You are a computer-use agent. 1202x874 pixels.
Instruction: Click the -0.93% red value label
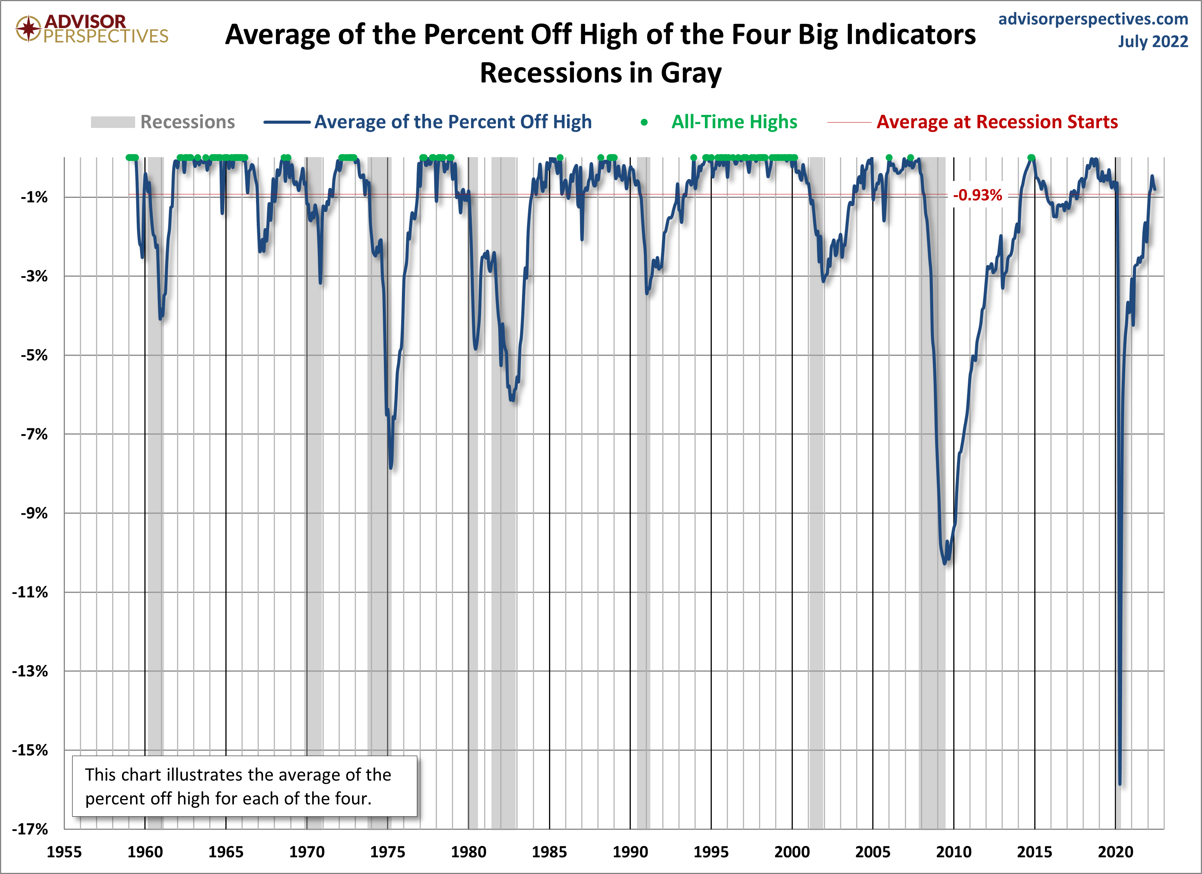click(977, 195)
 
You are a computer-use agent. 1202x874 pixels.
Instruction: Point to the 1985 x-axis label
click(549, 852)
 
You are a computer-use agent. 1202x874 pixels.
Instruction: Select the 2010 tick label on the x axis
click(954, 852)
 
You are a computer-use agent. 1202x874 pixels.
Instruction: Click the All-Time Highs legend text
click(734, 122)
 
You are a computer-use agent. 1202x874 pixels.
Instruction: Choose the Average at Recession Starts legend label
click(997, 122)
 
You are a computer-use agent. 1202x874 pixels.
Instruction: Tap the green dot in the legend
click(644, 123)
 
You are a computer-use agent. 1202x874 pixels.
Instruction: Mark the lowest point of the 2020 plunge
click(1120, 783)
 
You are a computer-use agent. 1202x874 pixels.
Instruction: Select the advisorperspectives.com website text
click(1093, 19)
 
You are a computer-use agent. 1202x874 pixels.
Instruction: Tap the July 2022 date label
click(1153, 41)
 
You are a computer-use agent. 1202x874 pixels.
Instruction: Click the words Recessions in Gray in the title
click(600, 73)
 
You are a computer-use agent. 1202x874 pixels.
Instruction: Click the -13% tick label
click(30, 671)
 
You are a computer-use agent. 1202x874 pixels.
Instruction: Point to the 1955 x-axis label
click(64, 852)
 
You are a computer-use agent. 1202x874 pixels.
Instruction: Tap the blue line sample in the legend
click(287, 122)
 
